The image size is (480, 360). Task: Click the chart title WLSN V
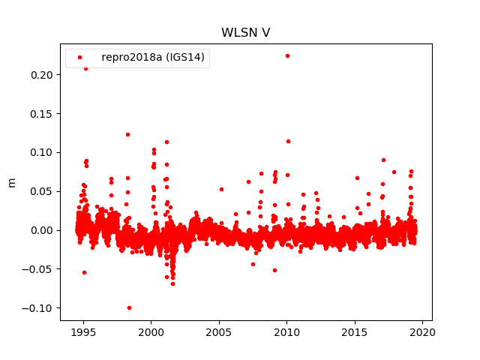click(245, 33)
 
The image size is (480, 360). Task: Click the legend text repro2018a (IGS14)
click(158, 57)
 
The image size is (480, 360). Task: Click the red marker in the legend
click(79, 57)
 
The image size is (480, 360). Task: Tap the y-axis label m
click(11, 182)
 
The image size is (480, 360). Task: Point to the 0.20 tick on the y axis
click(40, 74)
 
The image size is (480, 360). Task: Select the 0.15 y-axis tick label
click(40, 113)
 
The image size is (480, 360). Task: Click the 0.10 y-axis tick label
click(40, 152)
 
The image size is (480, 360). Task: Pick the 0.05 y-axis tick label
click(40, 191)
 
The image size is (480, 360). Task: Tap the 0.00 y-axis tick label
click(40, 230)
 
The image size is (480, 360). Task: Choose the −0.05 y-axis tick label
click(37, 269)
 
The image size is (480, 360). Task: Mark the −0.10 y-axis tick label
click(37, 308)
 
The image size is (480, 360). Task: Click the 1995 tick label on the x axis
click(83, 332)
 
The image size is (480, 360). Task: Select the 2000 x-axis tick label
click(151, 332)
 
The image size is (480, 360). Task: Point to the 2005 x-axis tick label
click(219, 332)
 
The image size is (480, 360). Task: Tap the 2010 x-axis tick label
click(286, 332)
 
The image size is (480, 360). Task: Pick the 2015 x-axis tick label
click(355, 332)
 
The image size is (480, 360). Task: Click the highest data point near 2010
click(287, 55)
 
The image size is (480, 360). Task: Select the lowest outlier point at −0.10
click(129, 307)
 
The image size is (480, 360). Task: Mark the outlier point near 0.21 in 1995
click(85, 68)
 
